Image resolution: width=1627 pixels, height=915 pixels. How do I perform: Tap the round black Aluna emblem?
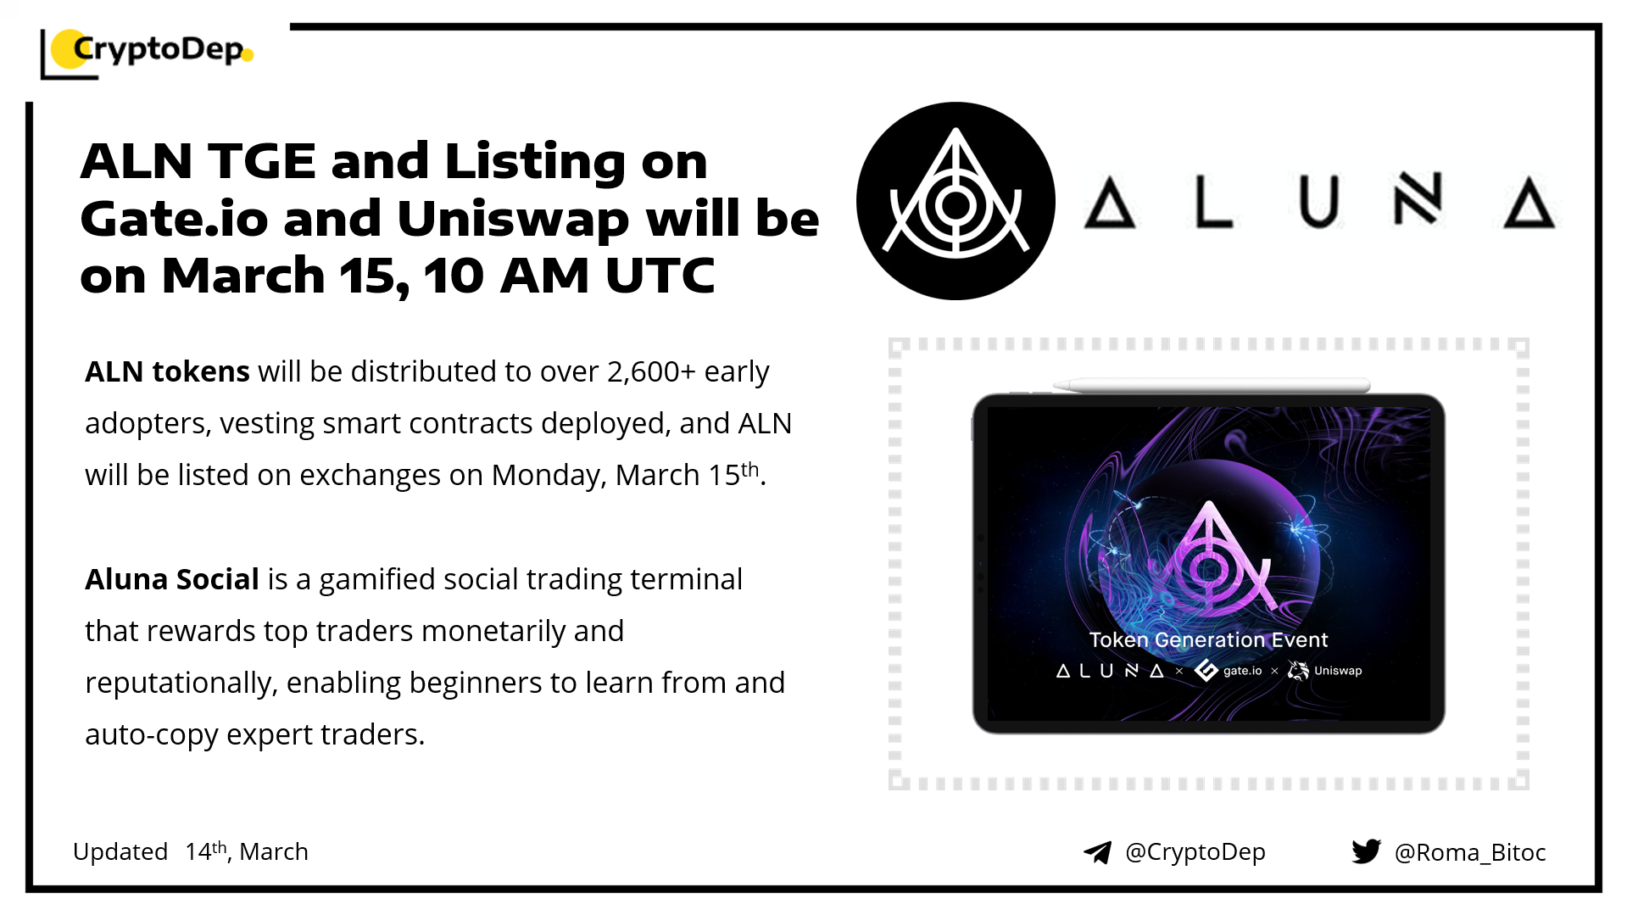pos(956,201)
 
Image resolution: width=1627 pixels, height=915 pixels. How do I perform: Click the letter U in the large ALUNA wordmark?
pos(1318,202)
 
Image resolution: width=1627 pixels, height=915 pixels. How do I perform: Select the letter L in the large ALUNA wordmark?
pos(1213,202)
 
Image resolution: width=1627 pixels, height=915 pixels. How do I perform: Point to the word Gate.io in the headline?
pos(174,219)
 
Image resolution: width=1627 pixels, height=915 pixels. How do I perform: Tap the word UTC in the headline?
pos(660,276)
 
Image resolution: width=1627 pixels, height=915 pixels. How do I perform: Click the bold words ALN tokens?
pos(167,371)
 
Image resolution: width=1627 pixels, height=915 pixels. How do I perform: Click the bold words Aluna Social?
pos(172,579)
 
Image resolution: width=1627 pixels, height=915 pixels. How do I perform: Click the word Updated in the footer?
pos(120,851)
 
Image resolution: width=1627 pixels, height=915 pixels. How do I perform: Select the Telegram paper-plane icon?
pos(1097,852)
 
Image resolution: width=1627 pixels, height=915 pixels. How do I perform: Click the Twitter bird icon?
pos(1367,851)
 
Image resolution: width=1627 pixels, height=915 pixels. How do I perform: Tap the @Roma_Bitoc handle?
pos(1470,852)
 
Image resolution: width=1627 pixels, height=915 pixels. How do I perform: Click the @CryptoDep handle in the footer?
pos(1195,852)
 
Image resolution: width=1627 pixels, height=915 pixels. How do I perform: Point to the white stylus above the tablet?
pos(1212,385)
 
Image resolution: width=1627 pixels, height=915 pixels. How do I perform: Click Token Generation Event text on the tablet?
pos(1208,640)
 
